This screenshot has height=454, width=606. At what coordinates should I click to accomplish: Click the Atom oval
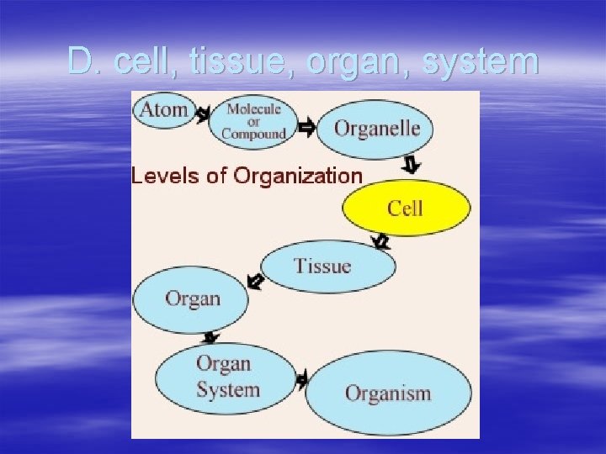[163, 110]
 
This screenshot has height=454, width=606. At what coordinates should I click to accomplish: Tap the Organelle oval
[376, 129]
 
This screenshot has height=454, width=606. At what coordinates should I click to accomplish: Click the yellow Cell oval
[406, 208]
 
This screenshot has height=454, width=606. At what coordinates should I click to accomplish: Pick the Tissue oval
[327, 267]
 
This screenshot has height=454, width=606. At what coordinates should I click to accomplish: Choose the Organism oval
[388, 393]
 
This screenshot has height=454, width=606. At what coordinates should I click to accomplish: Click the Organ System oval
[227, 377]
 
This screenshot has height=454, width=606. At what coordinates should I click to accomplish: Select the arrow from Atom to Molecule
[203, 113]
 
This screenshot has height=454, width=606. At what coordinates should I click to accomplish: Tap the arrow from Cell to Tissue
[380, 242]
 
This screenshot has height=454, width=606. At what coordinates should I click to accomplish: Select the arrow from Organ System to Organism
[301, 380]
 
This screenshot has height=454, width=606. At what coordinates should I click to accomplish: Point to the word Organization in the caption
[298, 176]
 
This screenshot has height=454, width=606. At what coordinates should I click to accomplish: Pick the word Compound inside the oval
[254, 133]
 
